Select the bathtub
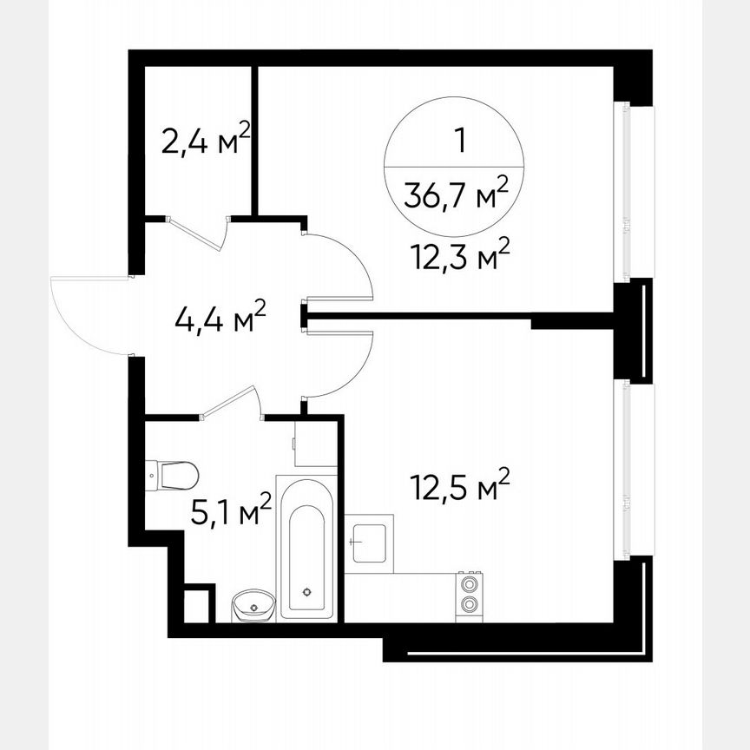point(306,547)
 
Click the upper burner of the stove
point(470,584)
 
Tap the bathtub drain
point(306,592)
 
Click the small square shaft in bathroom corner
point(198,604)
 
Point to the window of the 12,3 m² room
point(622,191)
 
